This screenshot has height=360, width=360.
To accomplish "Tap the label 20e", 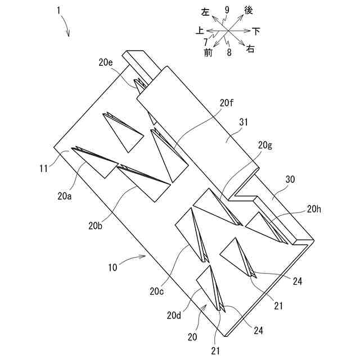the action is click(x=106, y=62).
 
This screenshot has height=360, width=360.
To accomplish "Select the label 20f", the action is click(x=227, y=103).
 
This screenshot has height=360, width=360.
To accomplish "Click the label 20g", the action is click(x=265, y=145).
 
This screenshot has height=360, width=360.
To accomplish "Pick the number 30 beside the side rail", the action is click(x=290, y=179).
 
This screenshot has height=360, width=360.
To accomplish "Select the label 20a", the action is click(x=65, y=196).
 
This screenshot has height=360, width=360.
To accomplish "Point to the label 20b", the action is click(x=96, y=226).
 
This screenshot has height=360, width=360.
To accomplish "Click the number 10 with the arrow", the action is click(x=112, y=267).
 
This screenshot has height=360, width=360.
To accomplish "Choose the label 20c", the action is click(x=157, y=291).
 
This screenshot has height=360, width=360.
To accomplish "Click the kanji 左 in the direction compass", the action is click(x=206, y=12).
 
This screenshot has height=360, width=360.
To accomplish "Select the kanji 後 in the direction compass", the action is click(x=248, y=10).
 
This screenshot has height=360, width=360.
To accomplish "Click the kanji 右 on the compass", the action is click(x=250, y=49).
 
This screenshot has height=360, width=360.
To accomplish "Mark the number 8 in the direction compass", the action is click(x=229, y=52).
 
